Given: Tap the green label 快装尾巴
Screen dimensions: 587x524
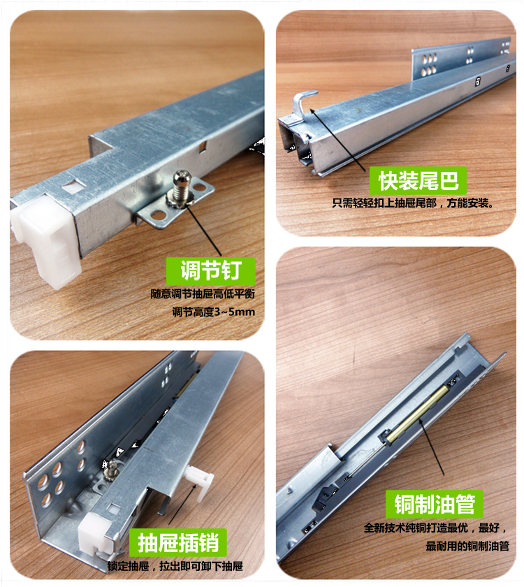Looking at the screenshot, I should [418, 182].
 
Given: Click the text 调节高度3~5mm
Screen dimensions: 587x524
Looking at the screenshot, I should [213, 312].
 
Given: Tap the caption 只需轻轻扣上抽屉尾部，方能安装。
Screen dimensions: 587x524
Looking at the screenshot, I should [412, 205].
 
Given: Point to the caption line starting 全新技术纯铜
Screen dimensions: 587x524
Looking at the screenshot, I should [433, 528].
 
